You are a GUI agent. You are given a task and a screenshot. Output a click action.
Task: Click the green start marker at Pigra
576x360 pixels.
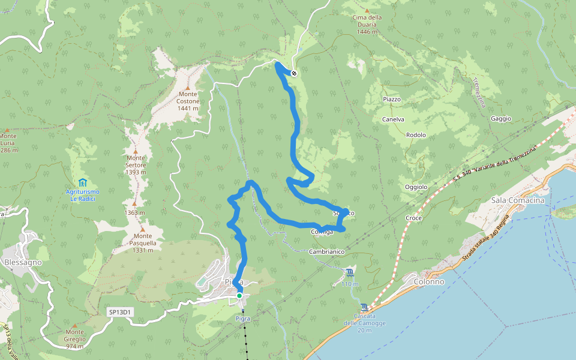tap(239, 295)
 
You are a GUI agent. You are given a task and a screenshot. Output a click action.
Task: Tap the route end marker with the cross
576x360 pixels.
tap(294, 73)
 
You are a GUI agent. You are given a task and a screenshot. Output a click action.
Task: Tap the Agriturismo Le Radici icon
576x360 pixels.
tap(82, 182)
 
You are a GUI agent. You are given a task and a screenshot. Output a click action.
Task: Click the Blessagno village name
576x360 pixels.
tap(23, 262)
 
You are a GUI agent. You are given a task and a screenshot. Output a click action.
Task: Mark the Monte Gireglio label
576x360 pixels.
tap(75, 339)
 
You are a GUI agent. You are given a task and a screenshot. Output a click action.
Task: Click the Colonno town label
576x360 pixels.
tap(429, 281)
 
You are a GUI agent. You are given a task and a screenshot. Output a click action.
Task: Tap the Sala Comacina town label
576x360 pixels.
tap(517, 200)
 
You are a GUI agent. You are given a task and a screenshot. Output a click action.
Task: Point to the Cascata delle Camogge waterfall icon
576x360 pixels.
tap(365, 307)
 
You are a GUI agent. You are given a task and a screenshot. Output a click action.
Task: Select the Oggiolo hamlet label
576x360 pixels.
tap(416, 187)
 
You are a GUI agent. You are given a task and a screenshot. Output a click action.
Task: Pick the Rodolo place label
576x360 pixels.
tap(416, 135)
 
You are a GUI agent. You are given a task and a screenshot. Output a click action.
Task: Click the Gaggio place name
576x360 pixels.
tap(500, 119)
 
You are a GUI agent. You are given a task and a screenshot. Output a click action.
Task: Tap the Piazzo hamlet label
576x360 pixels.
tap(391, 99)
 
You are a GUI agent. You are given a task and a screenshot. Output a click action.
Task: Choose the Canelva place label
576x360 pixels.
tap(393, 119)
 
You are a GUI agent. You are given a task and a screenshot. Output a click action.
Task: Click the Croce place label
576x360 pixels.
tap(414, 218)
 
